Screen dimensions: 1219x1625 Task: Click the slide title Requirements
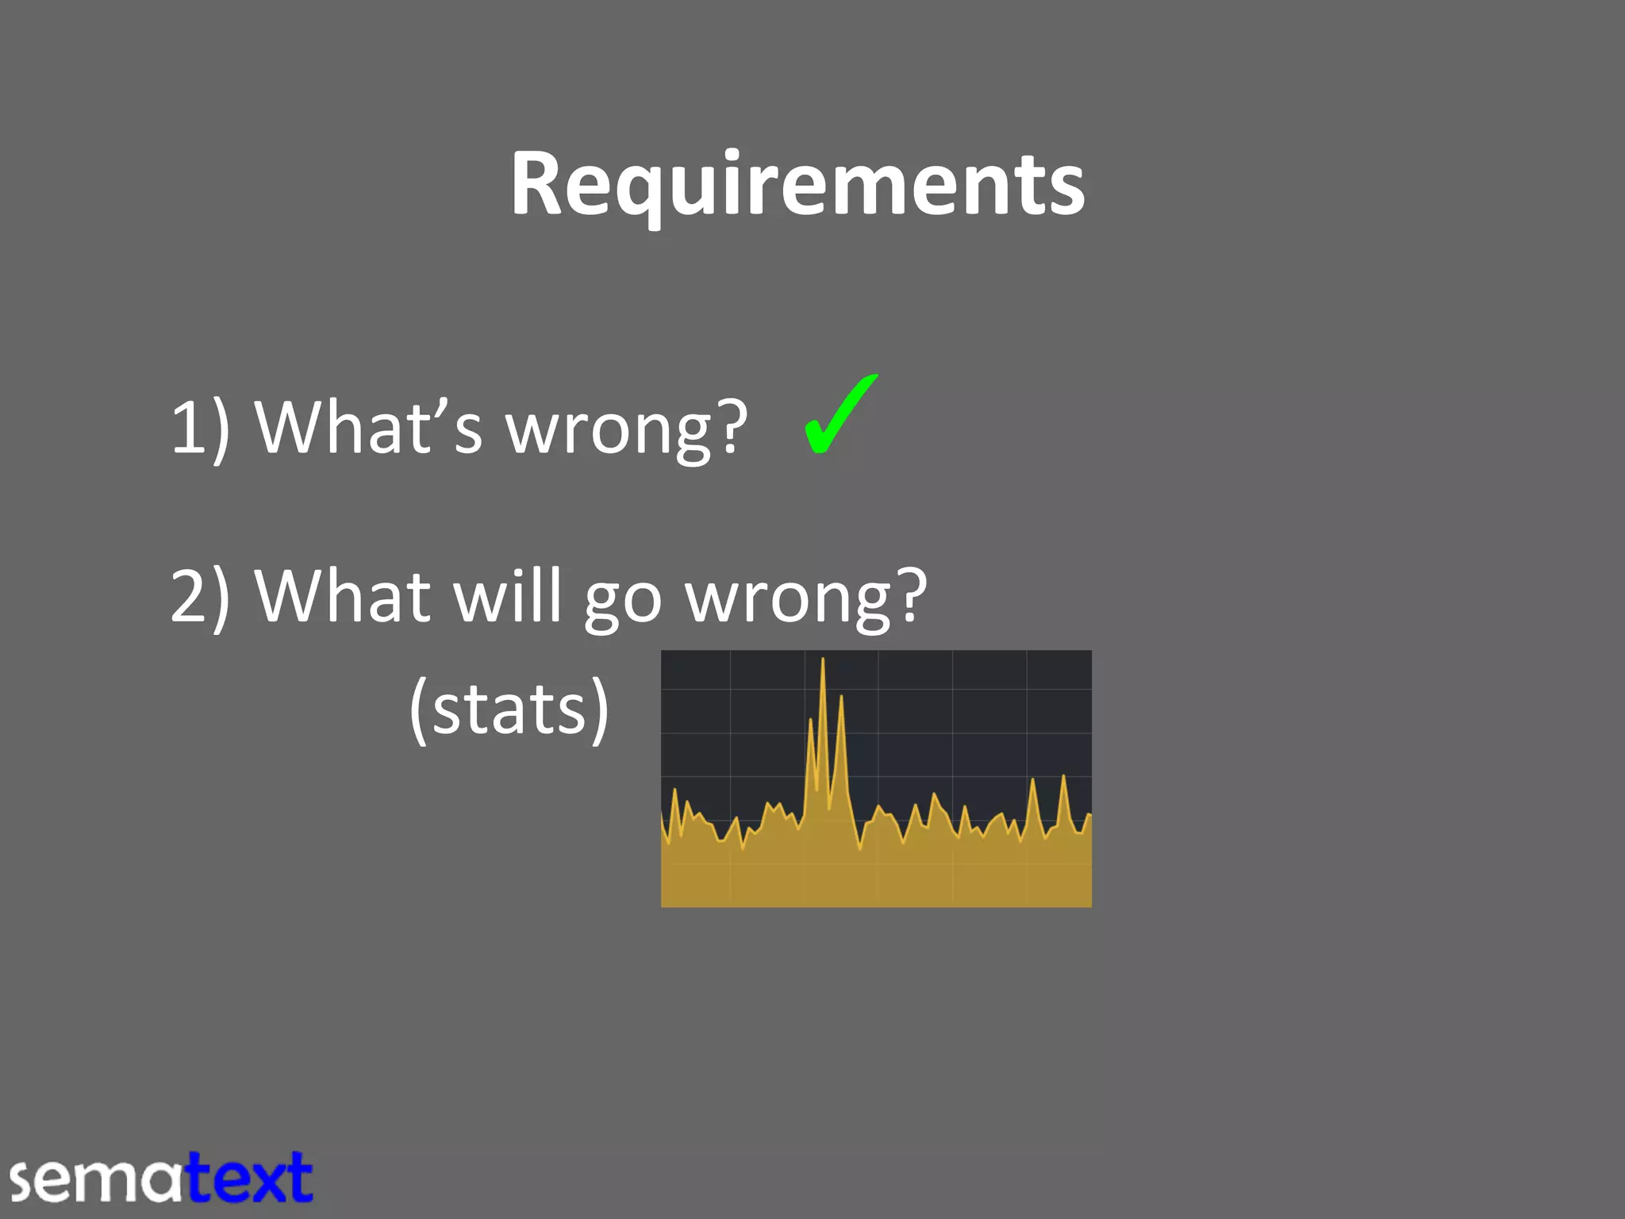797,184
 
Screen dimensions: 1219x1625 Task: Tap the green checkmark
839,414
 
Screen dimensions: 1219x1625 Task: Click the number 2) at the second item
199,597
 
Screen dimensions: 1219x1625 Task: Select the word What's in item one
368,427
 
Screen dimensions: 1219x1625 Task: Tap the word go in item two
622,603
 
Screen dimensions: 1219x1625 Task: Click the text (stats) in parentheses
509,709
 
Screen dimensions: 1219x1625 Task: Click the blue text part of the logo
249,1179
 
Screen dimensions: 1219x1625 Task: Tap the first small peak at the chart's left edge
675,792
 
